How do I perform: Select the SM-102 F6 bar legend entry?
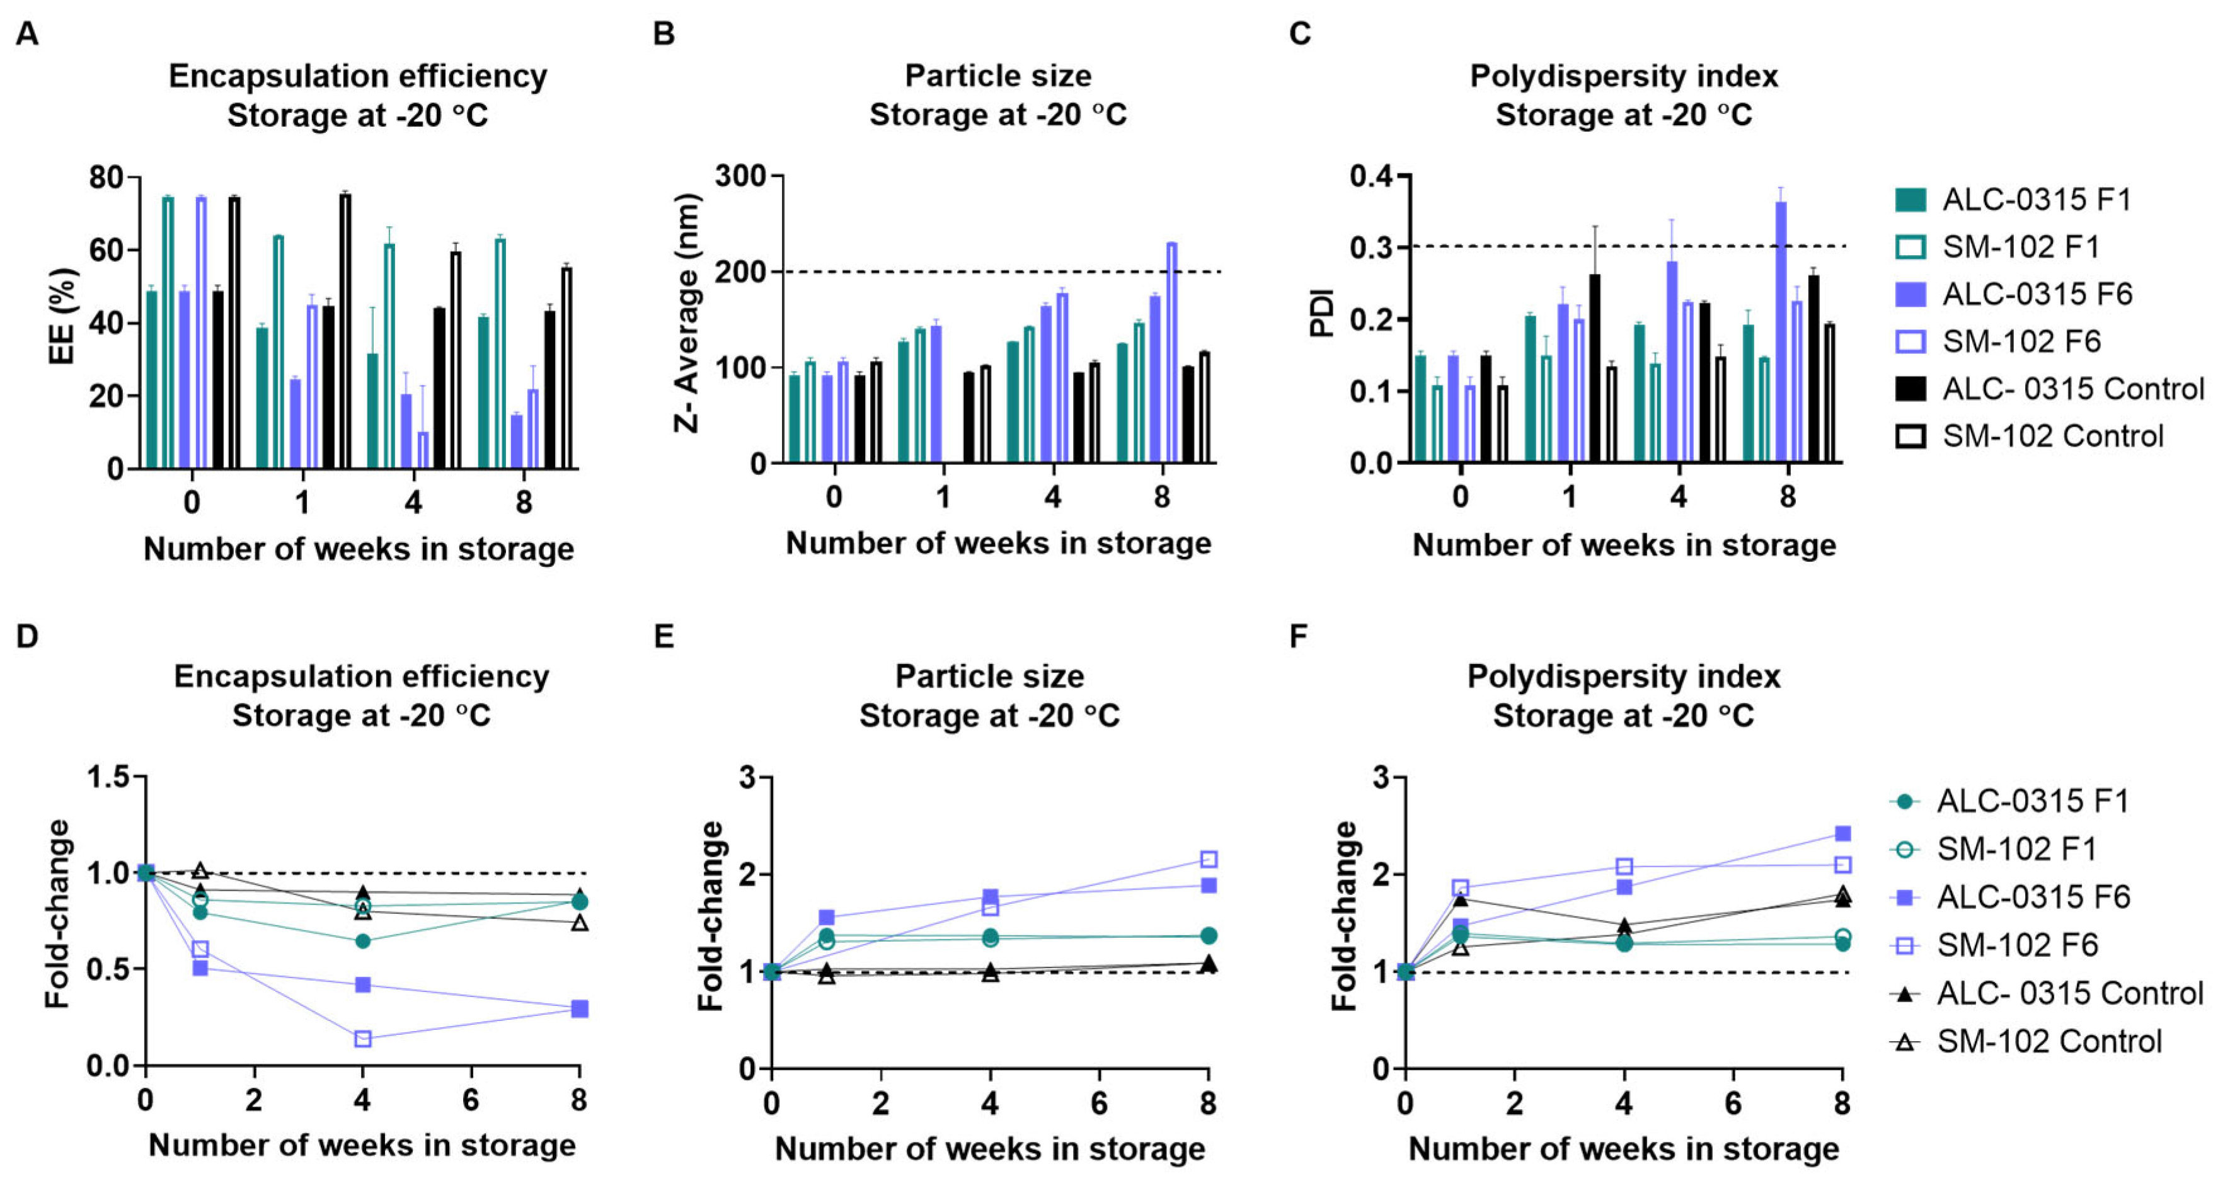(x=2020, y=342)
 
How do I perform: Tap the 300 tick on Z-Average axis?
(x=740, y=176)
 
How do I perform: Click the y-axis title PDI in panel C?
(x=1322, y=313)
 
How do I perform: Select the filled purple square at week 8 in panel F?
(x=1842, y=833)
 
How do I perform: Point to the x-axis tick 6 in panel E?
(x=1100, y=1104)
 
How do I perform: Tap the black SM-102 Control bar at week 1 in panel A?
(x=345, y=331)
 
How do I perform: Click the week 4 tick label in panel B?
(x=1052, y=497)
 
